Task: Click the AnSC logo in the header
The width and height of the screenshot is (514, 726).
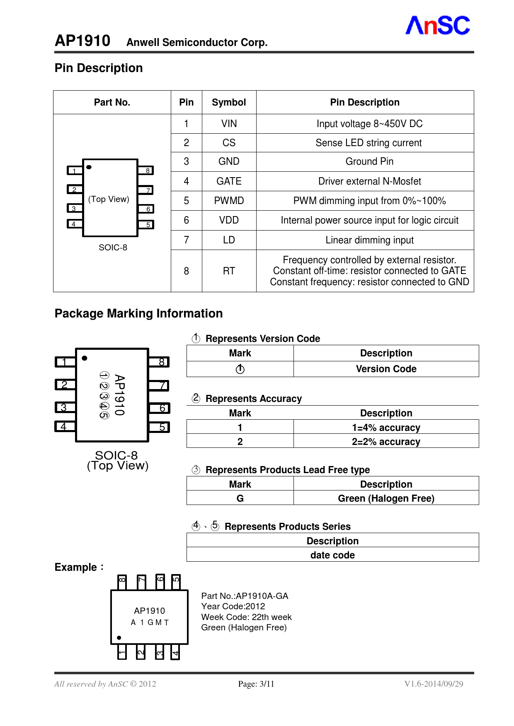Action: (x=437, y=26)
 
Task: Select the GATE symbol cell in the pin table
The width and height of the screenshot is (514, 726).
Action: (x=229, y=181)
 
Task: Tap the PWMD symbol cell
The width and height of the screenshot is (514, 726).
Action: (x=229, y=201)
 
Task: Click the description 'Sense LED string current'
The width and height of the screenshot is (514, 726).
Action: (x=369, y=143)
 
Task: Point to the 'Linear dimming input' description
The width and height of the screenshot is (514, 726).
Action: (x=369, y=240)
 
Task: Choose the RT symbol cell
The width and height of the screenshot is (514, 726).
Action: (x=229, y=271)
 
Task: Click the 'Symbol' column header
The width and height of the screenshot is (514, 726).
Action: (x=229, y=102)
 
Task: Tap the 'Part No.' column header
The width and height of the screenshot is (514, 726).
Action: (x=112, y=102)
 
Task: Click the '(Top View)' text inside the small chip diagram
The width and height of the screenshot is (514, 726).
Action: (x=109, y=199)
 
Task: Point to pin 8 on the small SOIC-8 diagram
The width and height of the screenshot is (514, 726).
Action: (x=147, y=171)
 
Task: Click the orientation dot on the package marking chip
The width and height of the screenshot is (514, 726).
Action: (x=85, y=358)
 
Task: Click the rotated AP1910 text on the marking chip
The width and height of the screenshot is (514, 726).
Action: (x=119, y=395)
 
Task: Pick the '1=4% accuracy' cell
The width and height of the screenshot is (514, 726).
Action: (x=386, y=428)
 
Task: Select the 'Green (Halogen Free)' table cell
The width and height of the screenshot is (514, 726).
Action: (x=386, y=498)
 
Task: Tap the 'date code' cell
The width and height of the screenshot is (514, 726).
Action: (x=332, y=555)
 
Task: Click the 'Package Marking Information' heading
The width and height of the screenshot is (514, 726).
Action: (x=138, y=313)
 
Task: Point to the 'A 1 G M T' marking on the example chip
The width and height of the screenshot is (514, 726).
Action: (x=150, y=623)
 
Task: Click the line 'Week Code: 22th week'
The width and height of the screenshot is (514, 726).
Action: (x=246, y=617)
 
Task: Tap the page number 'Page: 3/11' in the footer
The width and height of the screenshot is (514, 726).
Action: (x=256, y=684)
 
